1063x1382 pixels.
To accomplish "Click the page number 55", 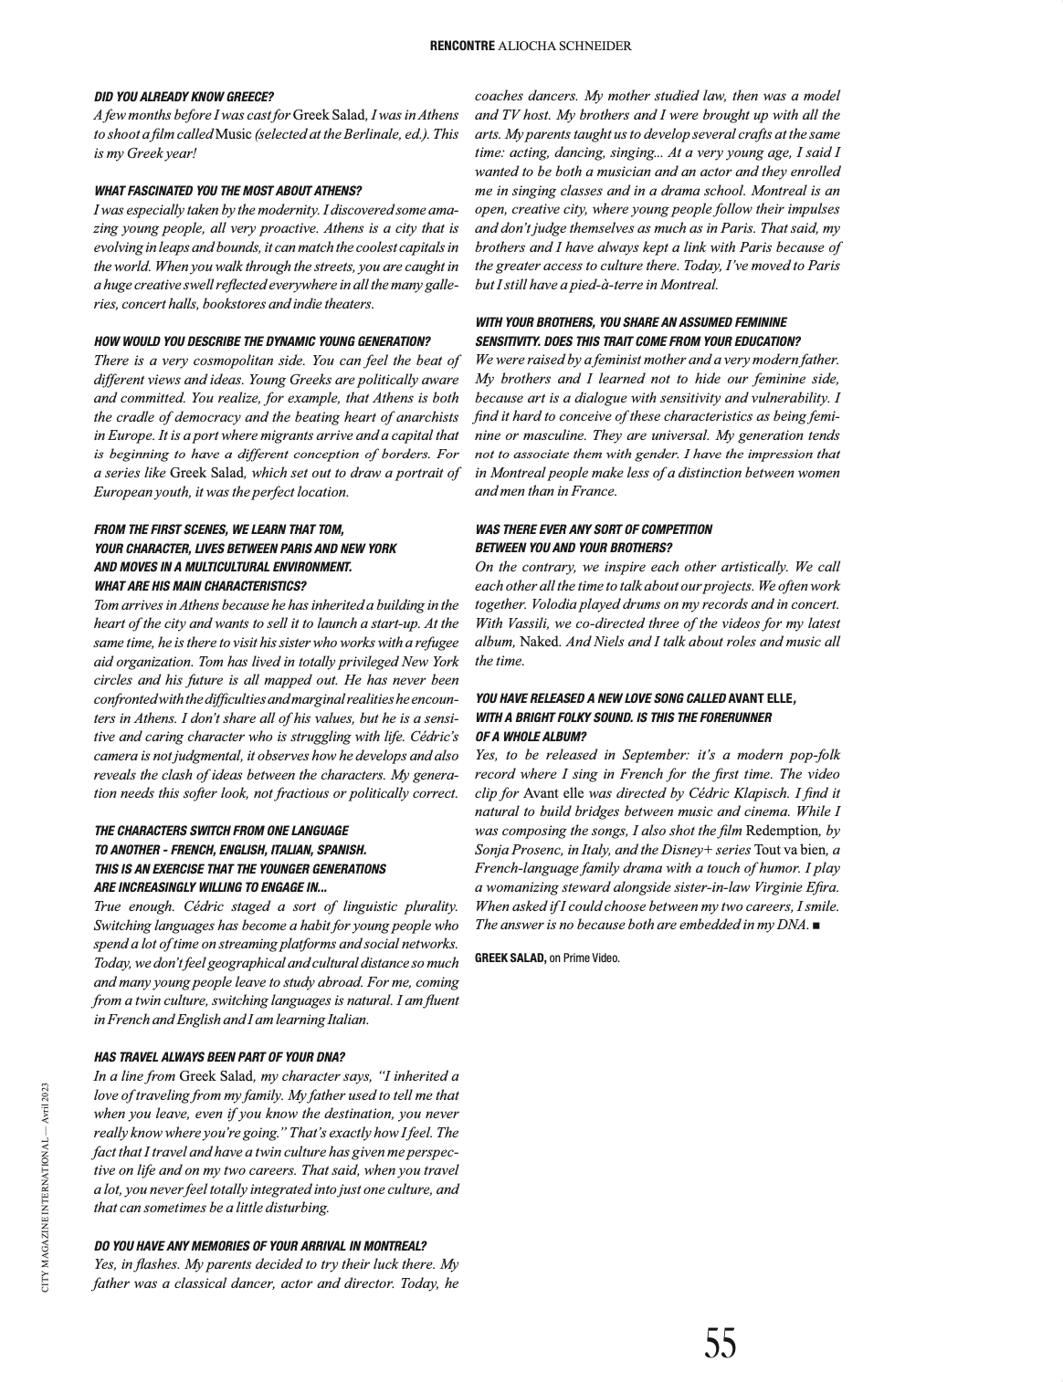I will coord(720,1344).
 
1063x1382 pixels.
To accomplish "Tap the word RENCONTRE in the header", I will coord(462,46).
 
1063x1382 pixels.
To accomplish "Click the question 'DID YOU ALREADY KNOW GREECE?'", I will coord(184,96).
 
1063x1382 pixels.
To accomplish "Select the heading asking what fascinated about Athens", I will coord(227,191).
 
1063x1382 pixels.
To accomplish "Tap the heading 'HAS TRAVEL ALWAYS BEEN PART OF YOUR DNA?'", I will coord(219,1057).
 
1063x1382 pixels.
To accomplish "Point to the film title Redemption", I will coord(782,831).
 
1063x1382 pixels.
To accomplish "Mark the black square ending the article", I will coord(816,926).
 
